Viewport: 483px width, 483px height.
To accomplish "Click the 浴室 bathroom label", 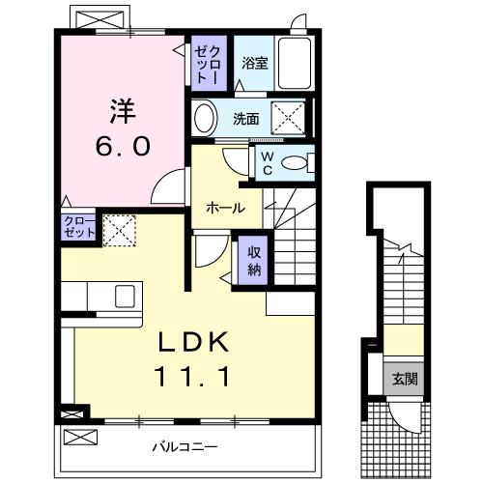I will click(x=254, y=64).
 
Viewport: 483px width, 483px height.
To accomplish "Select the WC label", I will click(x=265, y=162).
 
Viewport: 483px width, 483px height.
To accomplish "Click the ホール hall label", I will click(x=225, y=208).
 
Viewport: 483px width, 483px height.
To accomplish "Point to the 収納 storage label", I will click(x=253, y=258).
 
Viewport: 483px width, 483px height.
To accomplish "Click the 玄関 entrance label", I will click(x=404, y=377).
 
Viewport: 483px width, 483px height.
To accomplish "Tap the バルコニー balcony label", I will click(x=184, y=447).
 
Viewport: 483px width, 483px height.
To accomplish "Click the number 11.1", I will click(x=193, y=379).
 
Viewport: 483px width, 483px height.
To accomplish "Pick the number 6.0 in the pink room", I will click(x=121, y=145).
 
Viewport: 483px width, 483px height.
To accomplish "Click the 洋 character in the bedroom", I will click(x=121, y=109).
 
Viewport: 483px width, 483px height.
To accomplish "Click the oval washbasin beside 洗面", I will click(x=204, y=119).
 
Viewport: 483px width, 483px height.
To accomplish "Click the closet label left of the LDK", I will click(x=79, y=228).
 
